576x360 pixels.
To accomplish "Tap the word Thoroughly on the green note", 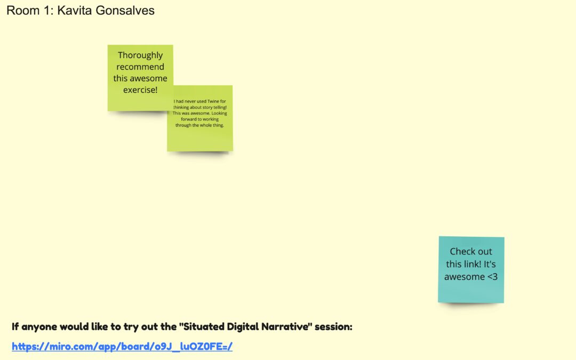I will (x=140, y=55).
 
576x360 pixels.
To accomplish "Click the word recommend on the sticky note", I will (x=140, y=67).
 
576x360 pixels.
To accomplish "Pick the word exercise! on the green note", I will (x=140, y=90).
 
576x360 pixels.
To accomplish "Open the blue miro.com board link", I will (x=122, y=347).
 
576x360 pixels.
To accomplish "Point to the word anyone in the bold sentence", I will (x=39, y=326).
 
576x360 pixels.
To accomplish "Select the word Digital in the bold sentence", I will (x=231, y=326).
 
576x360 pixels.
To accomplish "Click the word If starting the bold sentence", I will (x=15, y=326).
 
